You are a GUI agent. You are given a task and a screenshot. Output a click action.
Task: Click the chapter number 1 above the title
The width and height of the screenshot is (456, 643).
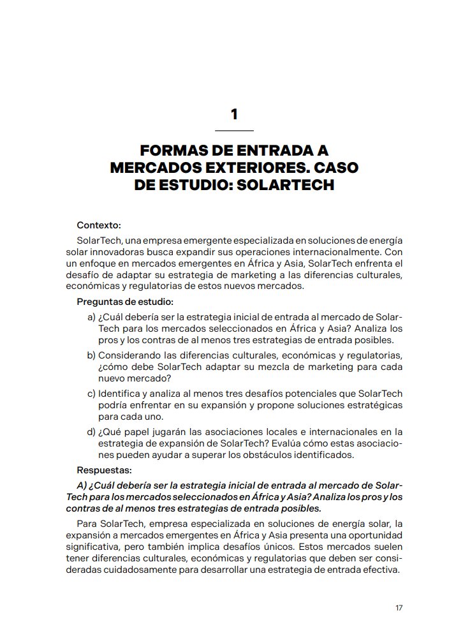point(234,115)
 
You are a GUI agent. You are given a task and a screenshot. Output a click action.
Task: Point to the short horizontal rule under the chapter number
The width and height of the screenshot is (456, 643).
point(234,130)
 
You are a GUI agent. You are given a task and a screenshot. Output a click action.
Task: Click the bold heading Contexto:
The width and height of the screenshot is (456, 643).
point(99,225)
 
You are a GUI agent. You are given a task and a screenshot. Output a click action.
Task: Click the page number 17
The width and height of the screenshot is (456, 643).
point(399,608)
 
